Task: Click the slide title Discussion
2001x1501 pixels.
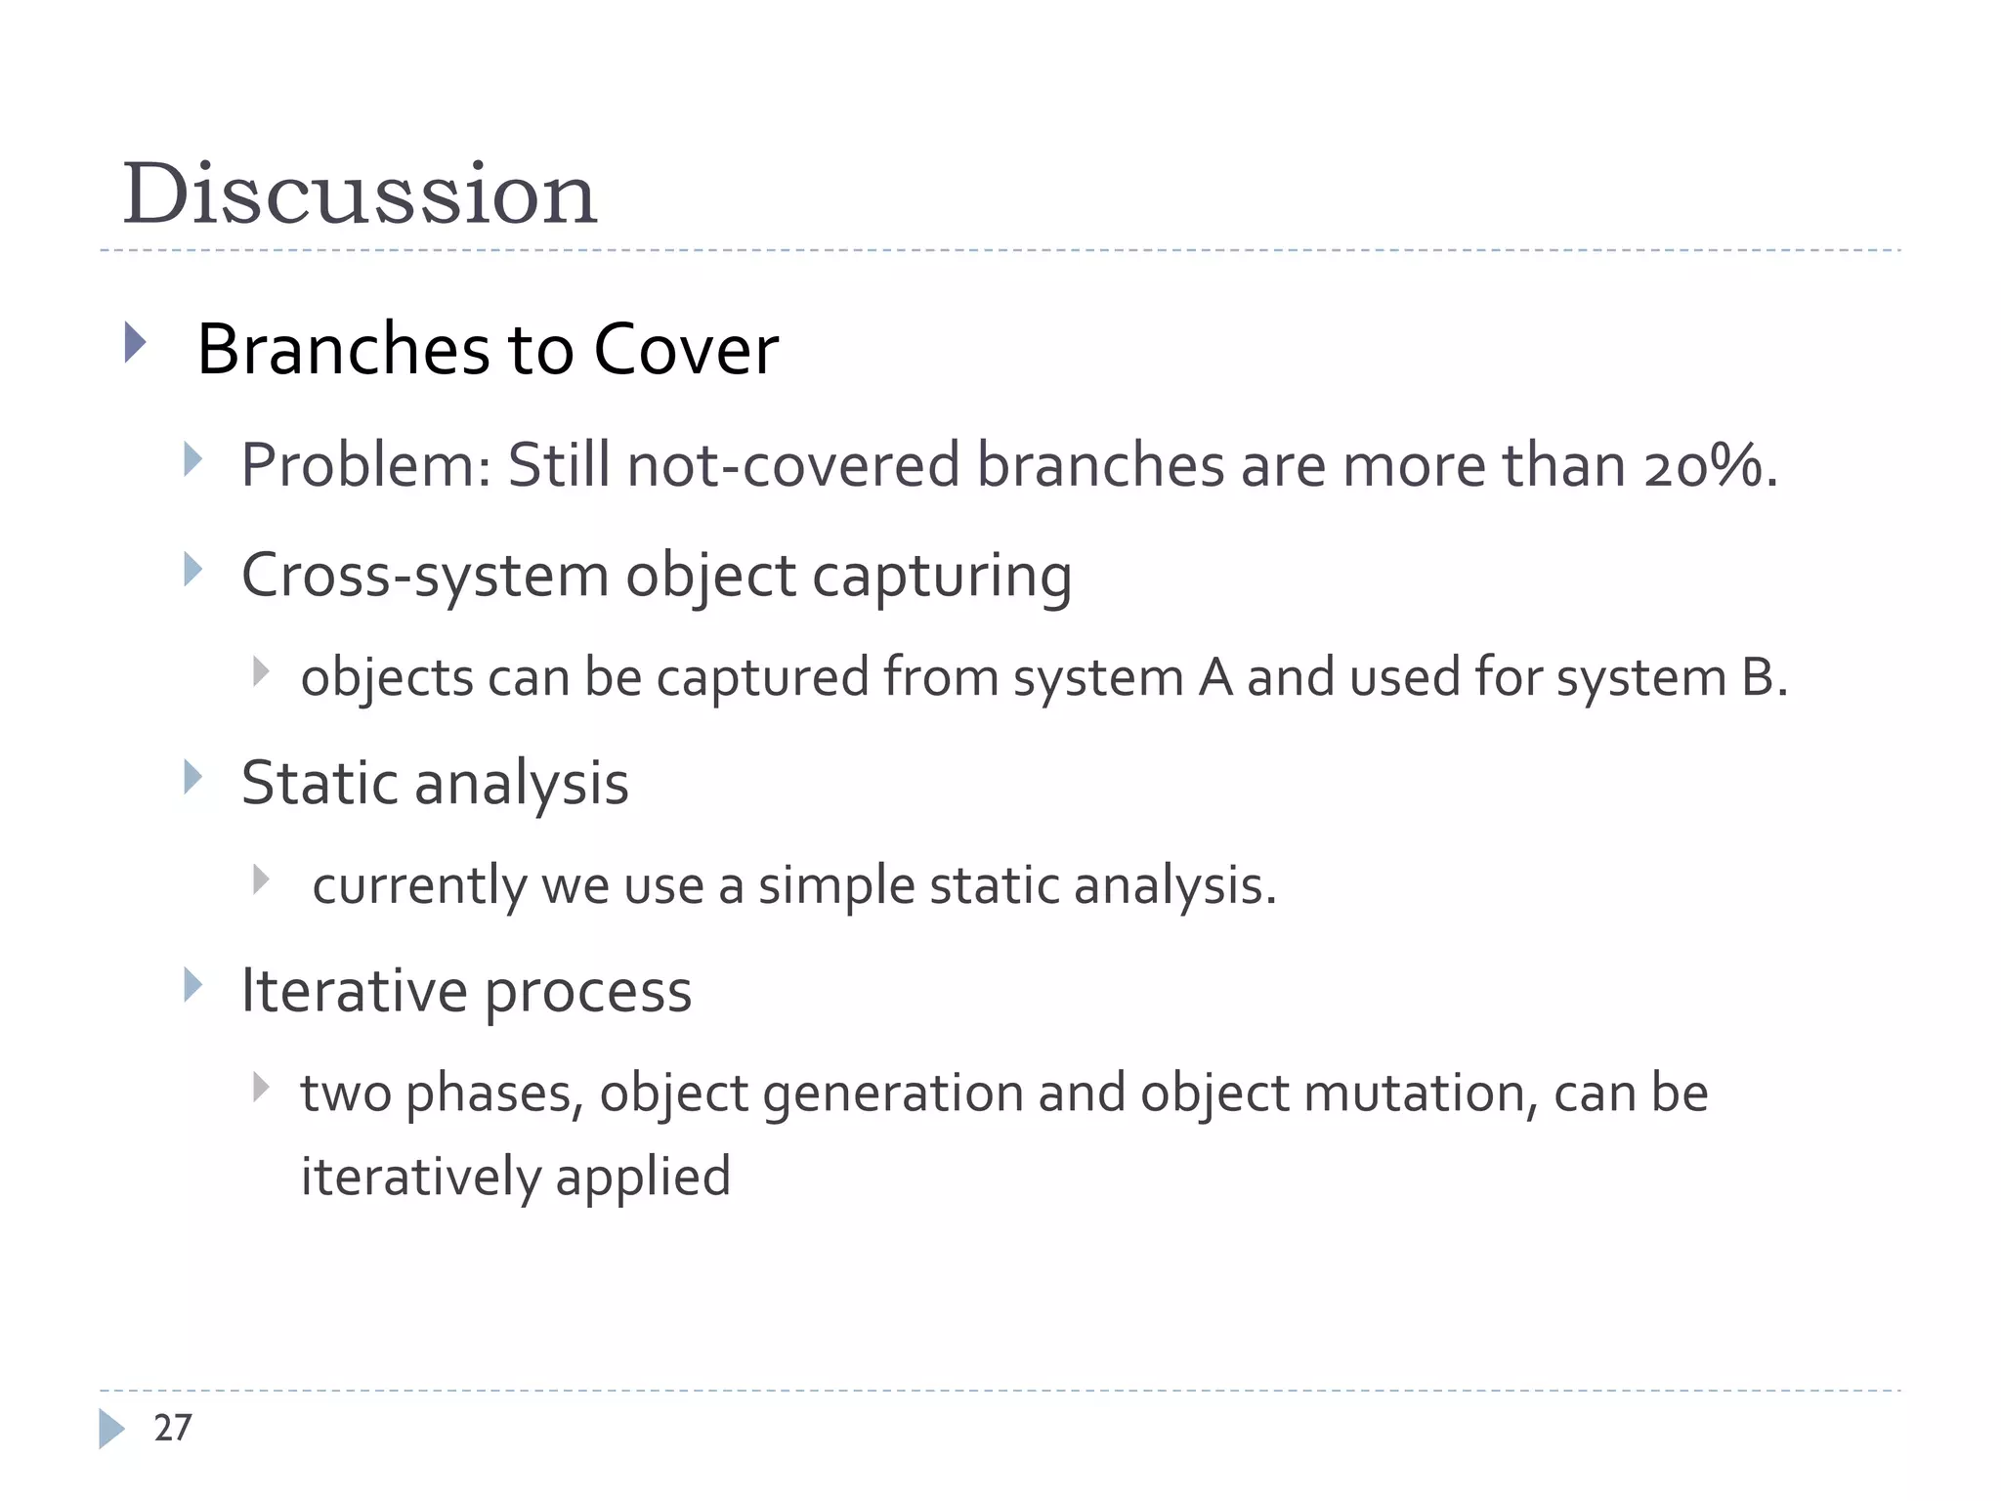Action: click(359, 193)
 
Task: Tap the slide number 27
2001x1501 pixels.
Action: click(173, 1428)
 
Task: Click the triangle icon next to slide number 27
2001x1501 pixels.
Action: click(111, 1429)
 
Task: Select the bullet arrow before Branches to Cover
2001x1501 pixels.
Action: click(135, 343)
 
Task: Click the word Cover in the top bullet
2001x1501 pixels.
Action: click(686, 349)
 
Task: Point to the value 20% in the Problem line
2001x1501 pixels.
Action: click(1705, 465)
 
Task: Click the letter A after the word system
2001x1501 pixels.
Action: click(1215, 677)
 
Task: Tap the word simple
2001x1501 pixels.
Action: click(835, 885)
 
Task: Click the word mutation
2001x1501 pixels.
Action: click(1415, 1093)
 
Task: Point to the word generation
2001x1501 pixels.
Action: click(892, 1094)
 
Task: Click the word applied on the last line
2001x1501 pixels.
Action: click(643, 1177)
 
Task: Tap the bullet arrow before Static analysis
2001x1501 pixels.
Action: click(192, 778)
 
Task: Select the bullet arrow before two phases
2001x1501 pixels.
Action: click(260, 1087)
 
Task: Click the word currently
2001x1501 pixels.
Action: click(419, 886)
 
